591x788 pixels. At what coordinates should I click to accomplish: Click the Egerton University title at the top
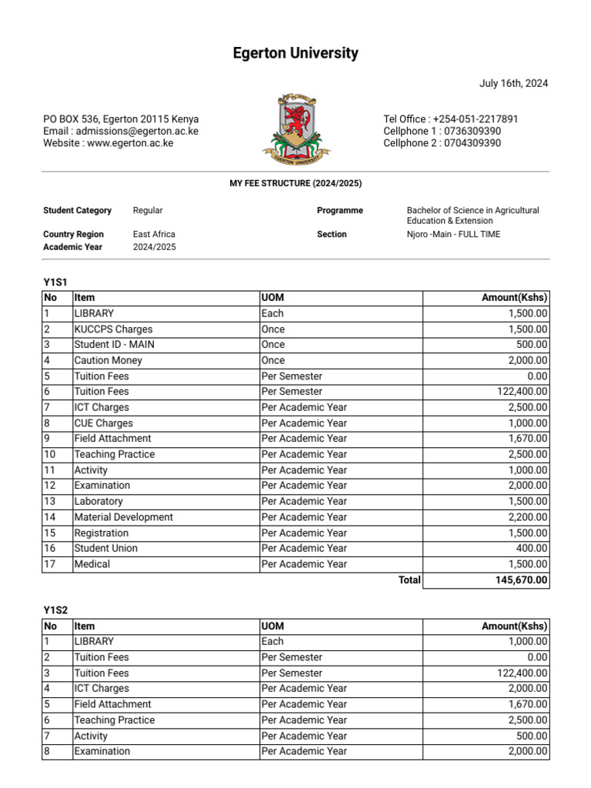tap(295, 53)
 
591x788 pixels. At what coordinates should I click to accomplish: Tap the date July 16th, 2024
tap(513, 84)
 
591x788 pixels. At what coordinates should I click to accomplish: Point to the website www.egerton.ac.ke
tap(129, 143)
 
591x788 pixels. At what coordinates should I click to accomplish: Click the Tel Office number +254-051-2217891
tap(476, 119)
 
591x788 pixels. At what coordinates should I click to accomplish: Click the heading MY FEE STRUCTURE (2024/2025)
tap(295, 183)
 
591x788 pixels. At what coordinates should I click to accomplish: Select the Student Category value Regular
tap(148, 210)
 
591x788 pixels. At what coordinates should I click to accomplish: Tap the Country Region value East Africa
tap(154, 234)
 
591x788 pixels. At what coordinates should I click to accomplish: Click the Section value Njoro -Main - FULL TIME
tap(453, 234)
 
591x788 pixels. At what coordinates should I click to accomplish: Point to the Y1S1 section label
tap(55, 282)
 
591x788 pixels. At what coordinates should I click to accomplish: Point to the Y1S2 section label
tap(55, 610)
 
